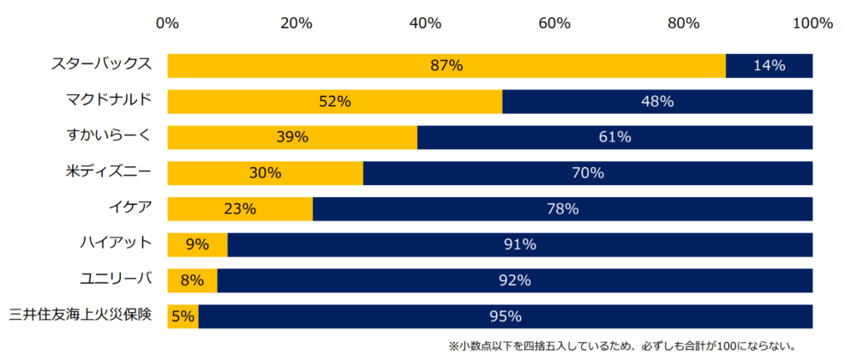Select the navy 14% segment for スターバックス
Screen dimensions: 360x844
[769, 65]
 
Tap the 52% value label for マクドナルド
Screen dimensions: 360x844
[334, 101]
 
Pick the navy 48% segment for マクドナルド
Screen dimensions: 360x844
[657, 101]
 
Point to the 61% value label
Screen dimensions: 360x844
[614, 137]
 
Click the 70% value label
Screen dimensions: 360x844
[588, 172]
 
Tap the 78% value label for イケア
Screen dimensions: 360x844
[562, 208]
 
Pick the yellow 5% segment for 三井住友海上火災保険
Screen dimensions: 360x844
[183, 316]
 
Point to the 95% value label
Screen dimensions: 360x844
[505, 316]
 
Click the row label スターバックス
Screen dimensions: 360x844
[100, 63]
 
